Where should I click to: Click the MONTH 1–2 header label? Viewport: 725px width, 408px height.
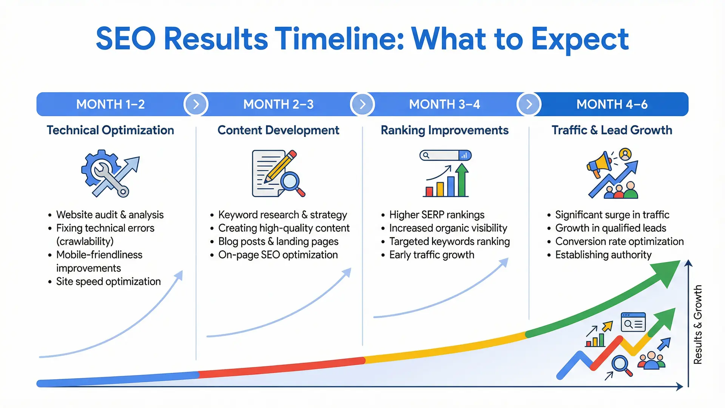point(110,104)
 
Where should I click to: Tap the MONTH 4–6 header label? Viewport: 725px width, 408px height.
point(612,104)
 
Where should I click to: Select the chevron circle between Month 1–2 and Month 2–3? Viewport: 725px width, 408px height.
point(196,104)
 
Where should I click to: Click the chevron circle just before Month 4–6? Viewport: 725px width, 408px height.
point(529,104)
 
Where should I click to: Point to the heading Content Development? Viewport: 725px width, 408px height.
point(278,130)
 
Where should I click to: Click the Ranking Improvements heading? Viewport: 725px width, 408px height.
point(444,130)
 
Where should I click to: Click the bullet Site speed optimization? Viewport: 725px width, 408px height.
point(108,281)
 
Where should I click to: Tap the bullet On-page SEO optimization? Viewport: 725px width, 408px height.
point(278,255)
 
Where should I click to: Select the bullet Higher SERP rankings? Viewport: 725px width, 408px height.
point(437,215)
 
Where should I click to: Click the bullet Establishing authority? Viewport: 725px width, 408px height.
point(603,255)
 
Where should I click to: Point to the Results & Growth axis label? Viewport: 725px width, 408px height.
point(698,325)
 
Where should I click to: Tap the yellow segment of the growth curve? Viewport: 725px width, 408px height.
point(446,348)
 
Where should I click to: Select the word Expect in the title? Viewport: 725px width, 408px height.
point(580,40)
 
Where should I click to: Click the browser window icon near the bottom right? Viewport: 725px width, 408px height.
point(633,322)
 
